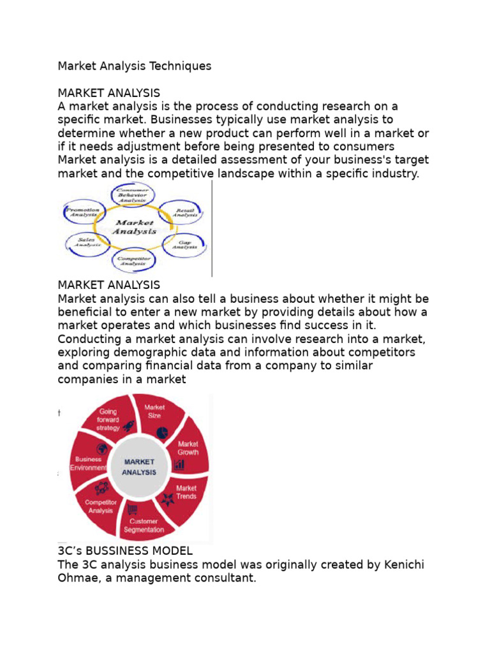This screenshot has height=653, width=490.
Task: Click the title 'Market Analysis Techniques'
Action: click(x=135, y=66)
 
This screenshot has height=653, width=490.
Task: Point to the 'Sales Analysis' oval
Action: click(x=86, y=242)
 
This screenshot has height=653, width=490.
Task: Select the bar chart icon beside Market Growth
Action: click(x=179, y=465)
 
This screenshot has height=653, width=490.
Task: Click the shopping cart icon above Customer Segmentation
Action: click(x=133, y=509)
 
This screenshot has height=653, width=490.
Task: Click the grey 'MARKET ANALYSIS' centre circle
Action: click(x=139, y=467)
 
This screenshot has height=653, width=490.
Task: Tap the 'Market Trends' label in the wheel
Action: click(x=186, y=492)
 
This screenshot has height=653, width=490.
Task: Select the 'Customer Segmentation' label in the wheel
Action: click(x=144, y=525)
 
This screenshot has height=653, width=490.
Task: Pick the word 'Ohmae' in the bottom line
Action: click(x=80, y=579)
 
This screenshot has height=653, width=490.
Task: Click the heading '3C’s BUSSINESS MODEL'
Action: click(x=125, y=550)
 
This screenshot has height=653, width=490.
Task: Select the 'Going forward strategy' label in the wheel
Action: click(x=108, y=420)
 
